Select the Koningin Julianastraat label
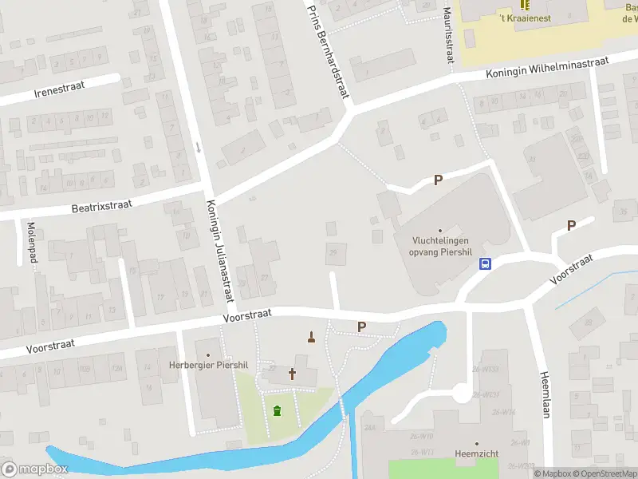[x=220, y=250]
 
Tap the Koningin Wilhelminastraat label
[x=547, y=68]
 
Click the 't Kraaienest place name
[x=524, y=18]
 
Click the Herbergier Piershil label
[x=209, y=365]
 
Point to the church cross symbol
[x=292, y=373]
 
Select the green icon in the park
[x=277, y=411]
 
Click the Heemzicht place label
[x=476, y=453]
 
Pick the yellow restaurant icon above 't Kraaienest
[x=524, y=4]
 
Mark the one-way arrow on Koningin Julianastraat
[x=198, y=148]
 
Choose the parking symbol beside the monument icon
[x=361, y=327]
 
